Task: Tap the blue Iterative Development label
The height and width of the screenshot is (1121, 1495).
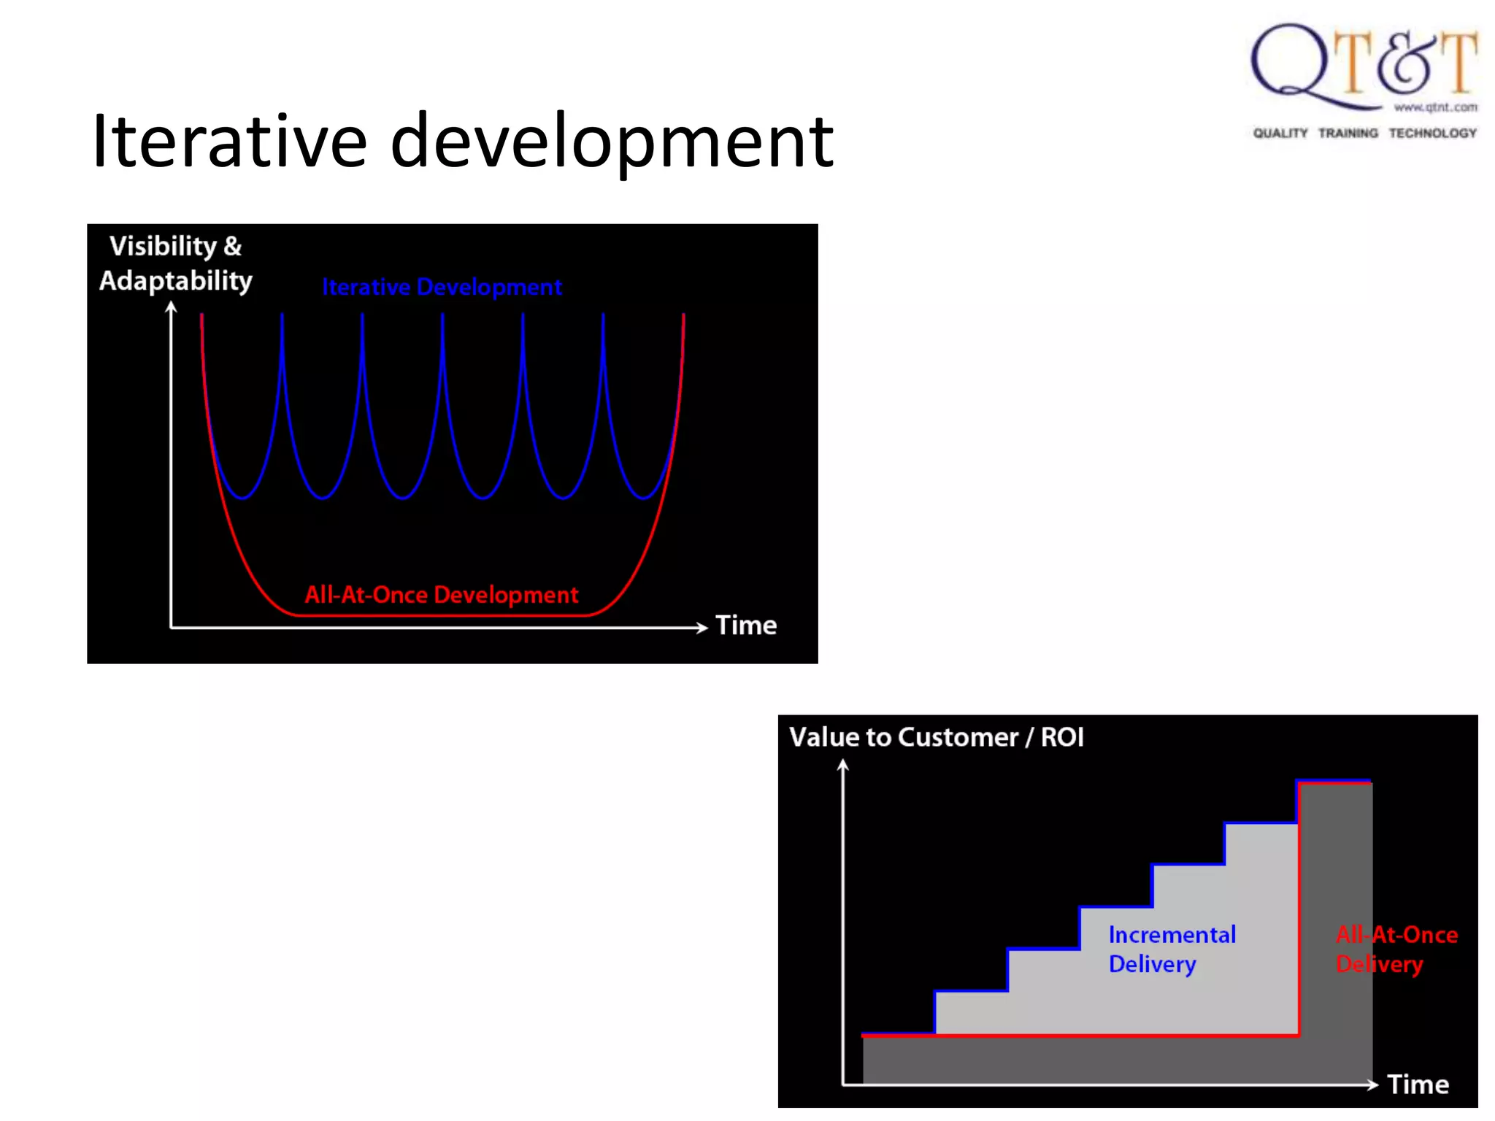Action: click(442, 287)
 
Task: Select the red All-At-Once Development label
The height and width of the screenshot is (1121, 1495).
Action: click(441, 595)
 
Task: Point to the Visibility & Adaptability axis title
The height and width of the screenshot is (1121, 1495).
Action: click(175, 263)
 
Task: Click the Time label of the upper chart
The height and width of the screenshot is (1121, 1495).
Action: click(745, 625)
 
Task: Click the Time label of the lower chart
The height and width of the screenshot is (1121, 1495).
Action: click(1418, 1085)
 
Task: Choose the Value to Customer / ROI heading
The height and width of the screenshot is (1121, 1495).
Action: click(936, 737)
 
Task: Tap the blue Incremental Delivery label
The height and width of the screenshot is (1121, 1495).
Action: click(1171, 949)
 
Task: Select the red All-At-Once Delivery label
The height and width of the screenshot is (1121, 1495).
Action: click(1396, 949)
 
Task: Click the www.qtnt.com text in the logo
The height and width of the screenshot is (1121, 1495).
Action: click(1435, 107)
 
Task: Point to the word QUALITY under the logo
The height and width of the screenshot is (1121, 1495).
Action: click(1280, 133)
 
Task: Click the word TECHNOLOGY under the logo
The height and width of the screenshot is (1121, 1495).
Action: click(1432, 133)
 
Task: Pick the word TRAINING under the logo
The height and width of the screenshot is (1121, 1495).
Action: click(1348, 133)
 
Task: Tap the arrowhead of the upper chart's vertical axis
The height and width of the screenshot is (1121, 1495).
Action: click(171, 307)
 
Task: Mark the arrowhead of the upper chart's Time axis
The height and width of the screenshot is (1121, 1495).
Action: click(702, 627)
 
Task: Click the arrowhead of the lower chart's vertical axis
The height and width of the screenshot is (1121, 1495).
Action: click(843, 765)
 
